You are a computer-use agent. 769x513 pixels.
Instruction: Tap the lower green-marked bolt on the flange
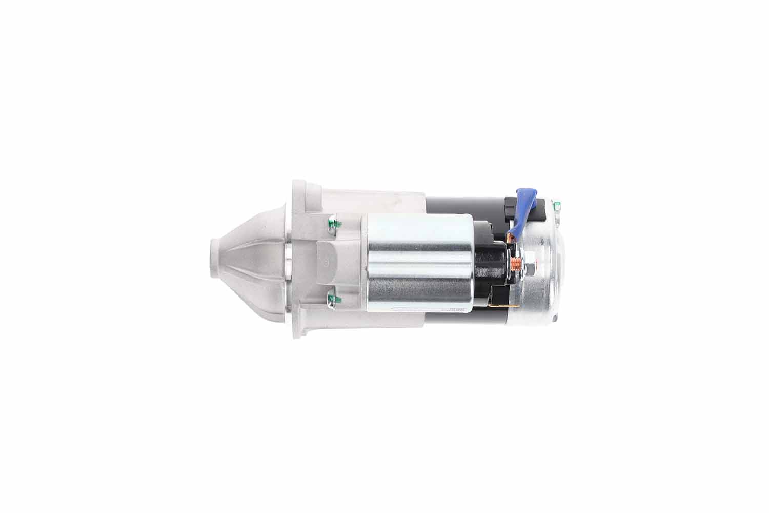click(x=331, y=297)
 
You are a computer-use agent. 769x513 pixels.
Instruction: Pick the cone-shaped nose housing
click(x=251, y=259)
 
